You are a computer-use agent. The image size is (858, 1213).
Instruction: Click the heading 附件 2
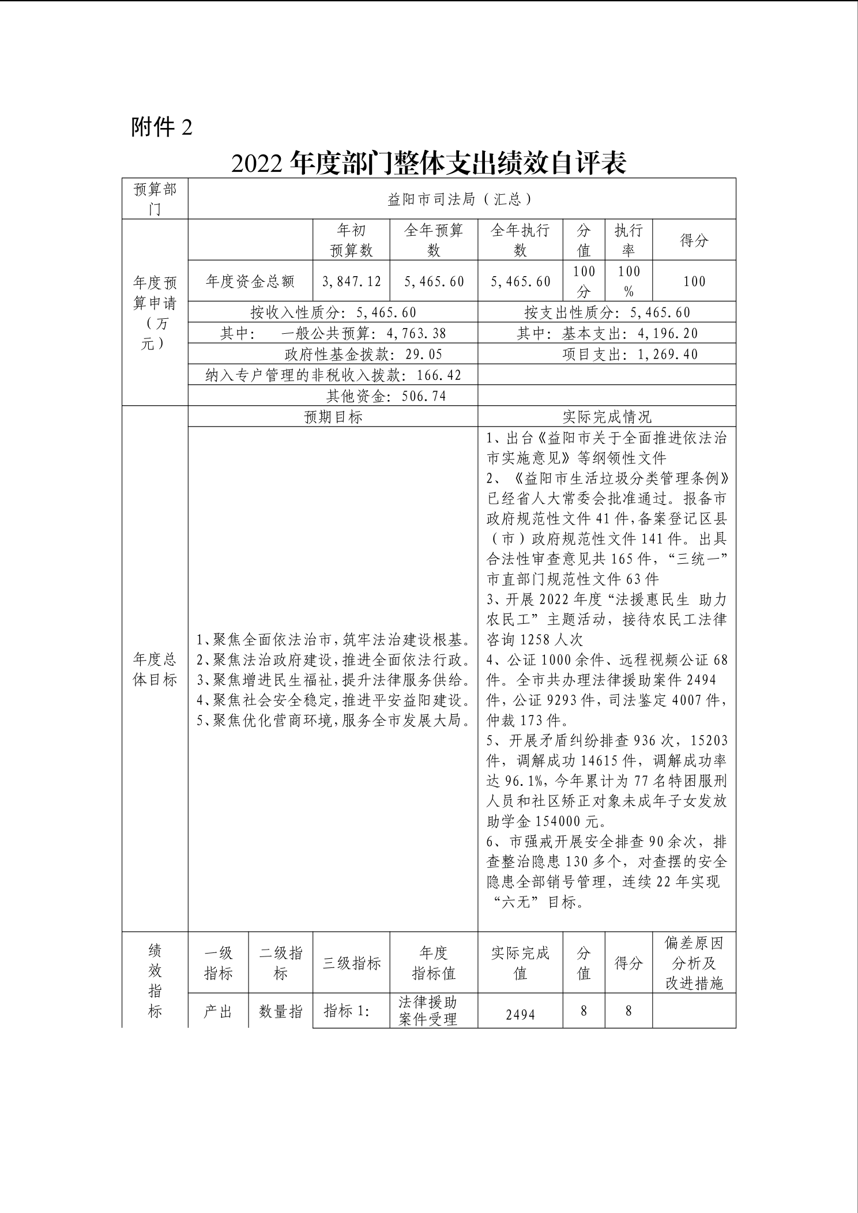click(161, 127)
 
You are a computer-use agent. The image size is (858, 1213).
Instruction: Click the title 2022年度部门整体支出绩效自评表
click(428, 163)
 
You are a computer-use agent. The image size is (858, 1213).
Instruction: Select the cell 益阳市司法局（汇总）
click(461, 199)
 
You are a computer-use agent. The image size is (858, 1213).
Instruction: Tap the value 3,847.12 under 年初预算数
click(352, 281)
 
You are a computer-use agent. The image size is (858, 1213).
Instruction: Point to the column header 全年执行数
click(520, 240)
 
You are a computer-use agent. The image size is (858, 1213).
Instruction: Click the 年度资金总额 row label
click(250, 281)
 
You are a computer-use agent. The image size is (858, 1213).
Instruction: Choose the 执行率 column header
click(628, 240)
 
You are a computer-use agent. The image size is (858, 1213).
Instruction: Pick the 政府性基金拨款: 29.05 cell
click(363, 354)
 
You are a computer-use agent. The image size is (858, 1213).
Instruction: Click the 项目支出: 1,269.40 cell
click(630, 354)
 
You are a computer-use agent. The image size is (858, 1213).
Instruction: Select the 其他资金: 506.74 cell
click(386, 395)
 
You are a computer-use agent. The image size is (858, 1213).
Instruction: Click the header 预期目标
click(333, 417)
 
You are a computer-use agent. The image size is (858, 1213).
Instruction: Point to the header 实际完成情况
click(607, 417)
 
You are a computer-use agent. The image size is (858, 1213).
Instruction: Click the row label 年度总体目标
click(155, 669)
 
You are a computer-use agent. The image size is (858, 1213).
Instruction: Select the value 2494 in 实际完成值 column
click(520, 1015)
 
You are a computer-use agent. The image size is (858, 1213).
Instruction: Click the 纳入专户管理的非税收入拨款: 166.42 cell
click(333, 375)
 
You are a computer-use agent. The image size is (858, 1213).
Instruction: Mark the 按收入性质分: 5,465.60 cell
click(333, 312)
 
